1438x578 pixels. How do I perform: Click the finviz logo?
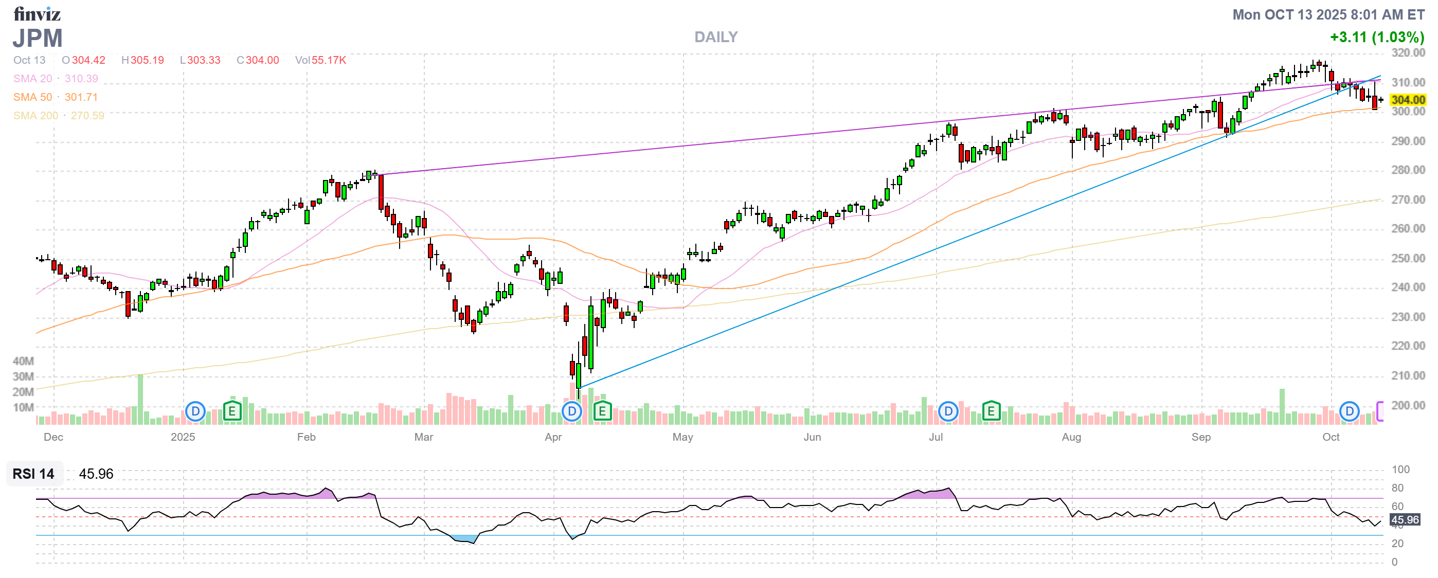click(37, 14)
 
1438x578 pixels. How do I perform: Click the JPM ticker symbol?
click(38, 38)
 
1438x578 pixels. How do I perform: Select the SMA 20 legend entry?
click(32, 79)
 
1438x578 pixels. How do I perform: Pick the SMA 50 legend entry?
click(32, 97)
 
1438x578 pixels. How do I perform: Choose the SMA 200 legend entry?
click(35, 116)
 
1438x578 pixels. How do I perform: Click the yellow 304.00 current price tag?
click(1407, 100)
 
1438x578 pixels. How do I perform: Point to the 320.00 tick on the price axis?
click(1407, 53)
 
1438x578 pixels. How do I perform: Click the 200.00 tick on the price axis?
click(1407, 406)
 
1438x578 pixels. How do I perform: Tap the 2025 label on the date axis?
click(183, 438)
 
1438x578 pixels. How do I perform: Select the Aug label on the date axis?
click(1071, 438)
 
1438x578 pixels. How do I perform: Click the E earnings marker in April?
click(602, 412)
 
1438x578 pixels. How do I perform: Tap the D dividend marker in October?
click(1349, 412)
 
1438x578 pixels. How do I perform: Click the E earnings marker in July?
click(991, 412)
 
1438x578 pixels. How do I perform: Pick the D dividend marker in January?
click(195, 412)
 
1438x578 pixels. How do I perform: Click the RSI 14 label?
click(33, 474)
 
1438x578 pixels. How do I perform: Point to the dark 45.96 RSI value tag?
click(1405, 520)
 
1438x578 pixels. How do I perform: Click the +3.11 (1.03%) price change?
click(1377, 38)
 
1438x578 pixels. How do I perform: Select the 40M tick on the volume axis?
click(24, 362)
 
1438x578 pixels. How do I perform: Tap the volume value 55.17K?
click(329, 60)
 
